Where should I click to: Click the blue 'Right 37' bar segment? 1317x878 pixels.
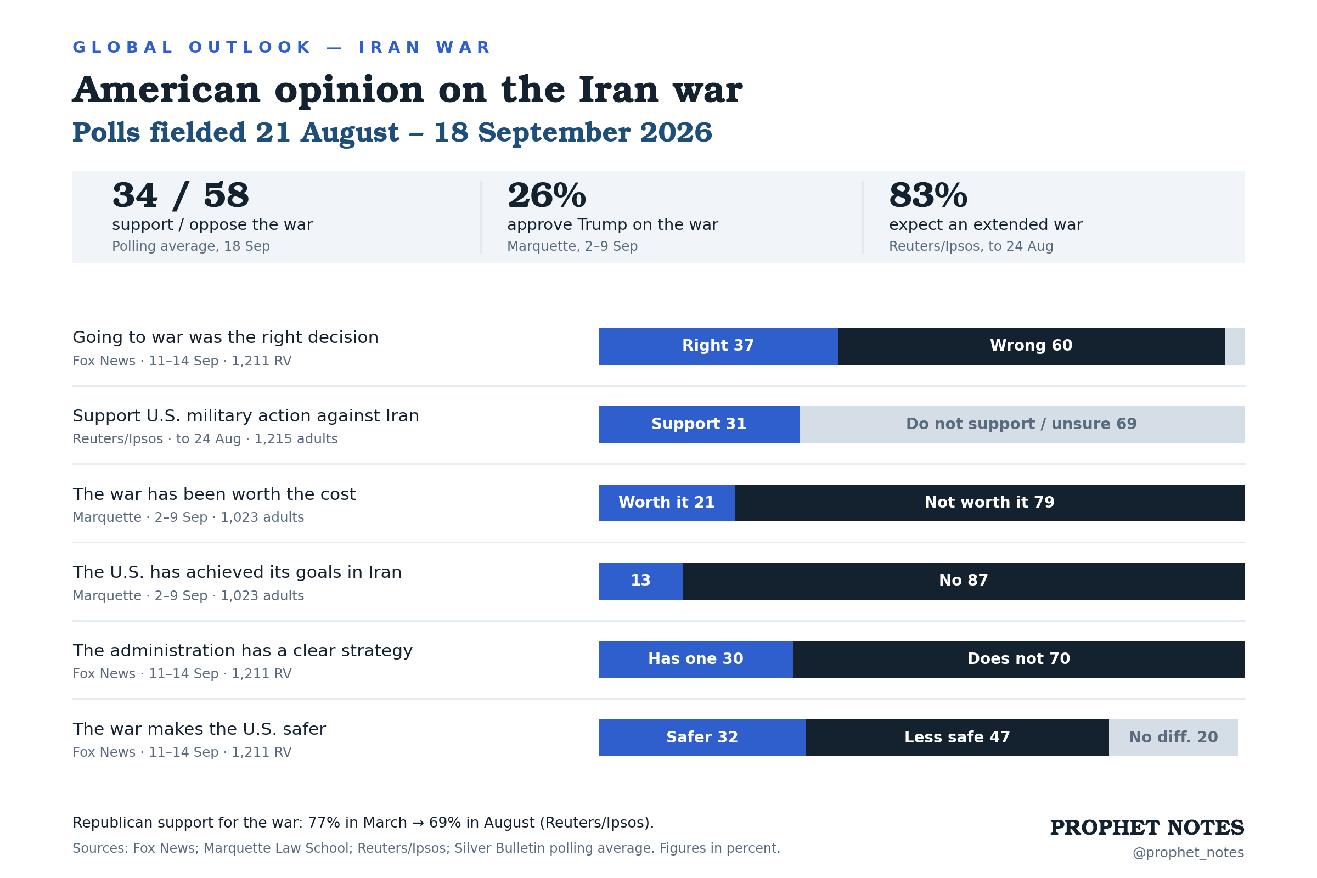tap(718, 347)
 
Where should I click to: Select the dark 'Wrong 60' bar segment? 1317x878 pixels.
tap(1032, 347)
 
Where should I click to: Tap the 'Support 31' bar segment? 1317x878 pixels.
tap(699, 425)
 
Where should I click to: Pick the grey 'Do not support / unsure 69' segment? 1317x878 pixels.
tap(1022, 425)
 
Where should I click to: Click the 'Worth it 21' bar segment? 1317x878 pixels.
tap(667, 503)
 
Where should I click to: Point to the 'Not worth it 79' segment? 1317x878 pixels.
tap(989, 503)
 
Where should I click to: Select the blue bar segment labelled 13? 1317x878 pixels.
tap(641, 581)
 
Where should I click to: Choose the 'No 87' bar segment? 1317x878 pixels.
tap(964, 581)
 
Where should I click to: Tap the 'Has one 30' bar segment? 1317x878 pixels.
tap(696, 660)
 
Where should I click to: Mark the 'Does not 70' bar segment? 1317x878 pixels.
tap(1018, 660)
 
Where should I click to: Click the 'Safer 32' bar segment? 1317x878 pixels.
tap(702, 738)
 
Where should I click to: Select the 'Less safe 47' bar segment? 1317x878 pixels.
tap(958, 738)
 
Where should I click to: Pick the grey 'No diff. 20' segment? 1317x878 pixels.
tap(1174, 738)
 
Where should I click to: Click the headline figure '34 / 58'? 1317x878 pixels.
tap(181, 195)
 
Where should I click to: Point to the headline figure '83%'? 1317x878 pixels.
tap(928, 195)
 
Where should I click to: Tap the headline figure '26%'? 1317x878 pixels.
tap(547, 195)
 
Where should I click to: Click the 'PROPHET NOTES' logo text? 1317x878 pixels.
tap(1147, 828)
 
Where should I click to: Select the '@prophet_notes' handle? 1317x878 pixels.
tap(1188, 853)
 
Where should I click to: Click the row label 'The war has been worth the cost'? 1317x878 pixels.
tap(214, 494)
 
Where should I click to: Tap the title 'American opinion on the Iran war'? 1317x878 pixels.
tap(407, 90)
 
